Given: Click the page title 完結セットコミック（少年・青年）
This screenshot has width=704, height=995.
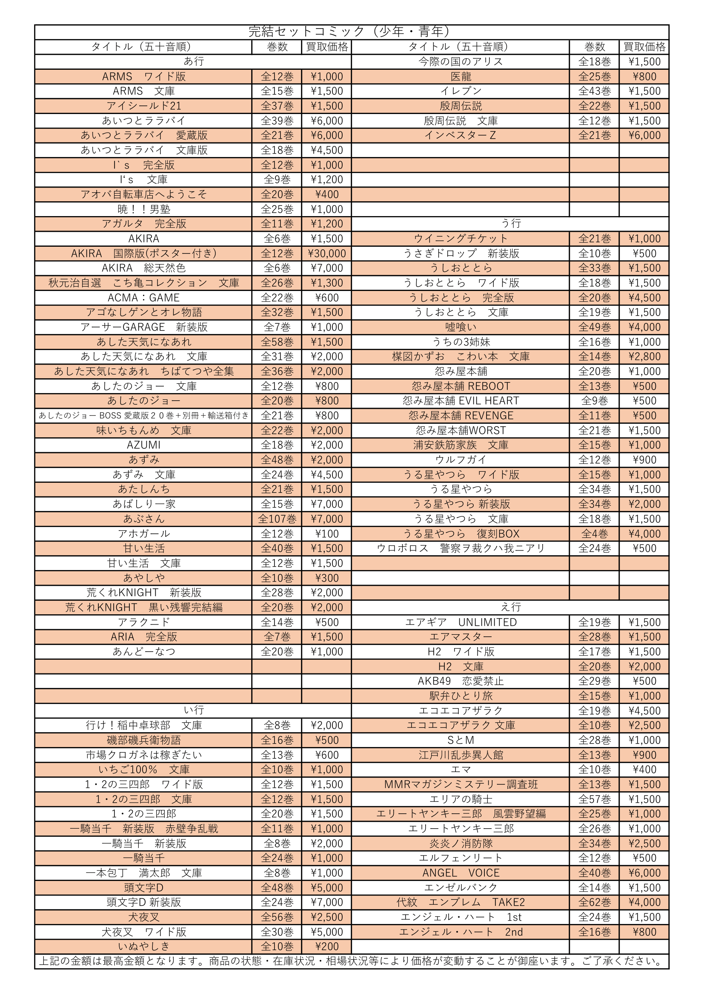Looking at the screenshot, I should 351,31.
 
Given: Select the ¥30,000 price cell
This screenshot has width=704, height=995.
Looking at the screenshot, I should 326,254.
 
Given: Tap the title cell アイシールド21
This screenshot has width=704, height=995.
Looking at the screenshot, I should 143,106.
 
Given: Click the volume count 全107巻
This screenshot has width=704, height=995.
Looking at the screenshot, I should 277,519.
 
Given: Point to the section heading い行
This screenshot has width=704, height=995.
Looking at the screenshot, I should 193,710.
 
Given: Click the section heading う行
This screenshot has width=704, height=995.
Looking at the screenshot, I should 511,224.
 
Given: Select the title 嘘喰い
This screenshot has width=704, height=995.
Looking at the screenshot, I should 461,327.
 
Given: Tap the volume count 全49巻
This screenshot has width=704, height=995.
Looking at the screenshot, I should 594,327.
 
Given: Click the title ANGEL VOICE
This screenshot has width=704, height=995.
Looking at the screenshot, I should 461,873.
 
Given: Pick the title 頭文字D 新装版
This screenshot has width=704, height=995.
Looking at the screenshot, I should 143,902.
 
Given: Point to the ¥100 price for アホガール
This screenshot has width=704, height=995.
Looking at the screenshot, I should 326,534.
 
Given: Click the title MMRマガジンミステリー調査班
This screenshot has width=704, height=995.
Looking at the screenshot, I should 461,784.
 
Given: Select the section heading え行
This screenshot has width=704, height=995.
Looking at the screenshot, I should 511,607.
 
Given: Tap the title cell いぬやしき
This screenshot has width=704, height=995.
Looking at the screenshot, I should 143,947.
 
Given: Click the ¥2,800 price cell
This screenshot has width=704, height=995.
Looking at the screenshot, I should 644,356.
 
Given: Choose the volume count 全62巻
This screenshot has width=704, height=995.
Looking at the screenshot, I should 594,902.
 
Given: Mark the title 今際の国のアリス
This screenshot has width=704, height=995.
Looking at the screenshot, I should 461,62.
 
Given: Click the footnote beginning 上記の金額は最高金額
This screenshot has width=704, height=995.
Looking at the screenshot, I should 351,961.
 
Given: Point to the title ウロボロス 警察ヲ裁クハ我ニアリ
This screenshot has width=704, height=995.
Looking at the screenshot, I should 461,548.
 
